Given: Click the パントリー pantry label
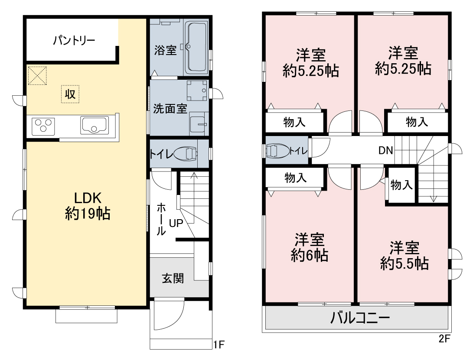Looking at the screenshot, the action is (74, 40).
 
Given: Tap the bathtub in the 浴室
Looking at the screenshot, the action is (196, 47).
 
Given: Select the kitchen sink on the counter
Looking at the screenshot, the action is (95, 125).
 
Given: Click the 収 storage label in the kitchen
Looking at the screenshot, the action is (70, 94).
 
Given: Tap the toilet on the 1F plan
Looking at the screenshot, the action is (185, 154).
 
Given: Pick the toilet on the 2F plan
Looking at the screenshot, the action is (277, 150).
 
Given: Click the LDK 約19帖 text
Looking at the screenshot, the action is (88, 206).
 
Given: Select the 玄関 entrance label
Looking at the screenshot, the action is (173, 278).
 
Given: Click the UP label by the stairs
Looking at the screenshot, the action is (176, 223).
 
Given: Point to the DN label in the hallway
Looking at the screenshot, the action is (386, 150).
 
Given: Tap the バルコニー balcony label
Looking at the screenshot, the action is (360, 318).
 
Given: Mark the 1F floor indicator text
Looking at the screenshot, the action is (219, 344).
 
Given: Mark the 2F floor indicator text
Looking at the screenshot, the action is (444, 339).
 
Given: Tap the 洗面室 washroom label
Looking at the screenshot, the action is (170, 109).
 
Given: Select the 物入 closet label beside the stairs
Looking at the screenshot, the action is (401, 185).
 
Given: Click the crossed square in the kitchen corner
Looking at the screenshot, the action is (37, 75).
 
